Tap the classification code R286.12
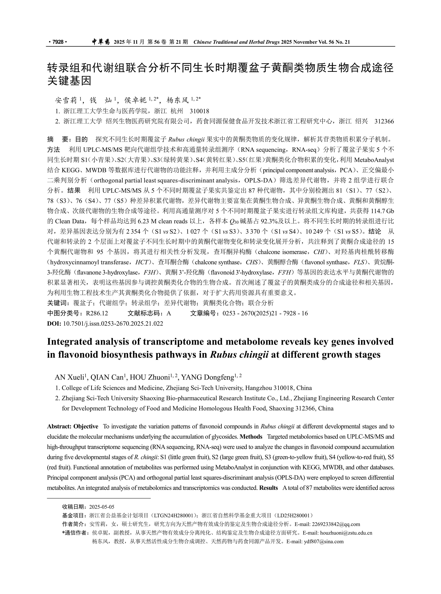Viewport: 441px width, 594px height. click(97, 313)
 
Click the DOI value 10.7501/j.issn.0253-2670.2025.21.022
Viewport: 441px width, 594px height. click(113, 324)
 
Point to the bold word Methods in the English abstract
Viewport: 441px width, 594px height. click(251, 437)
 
